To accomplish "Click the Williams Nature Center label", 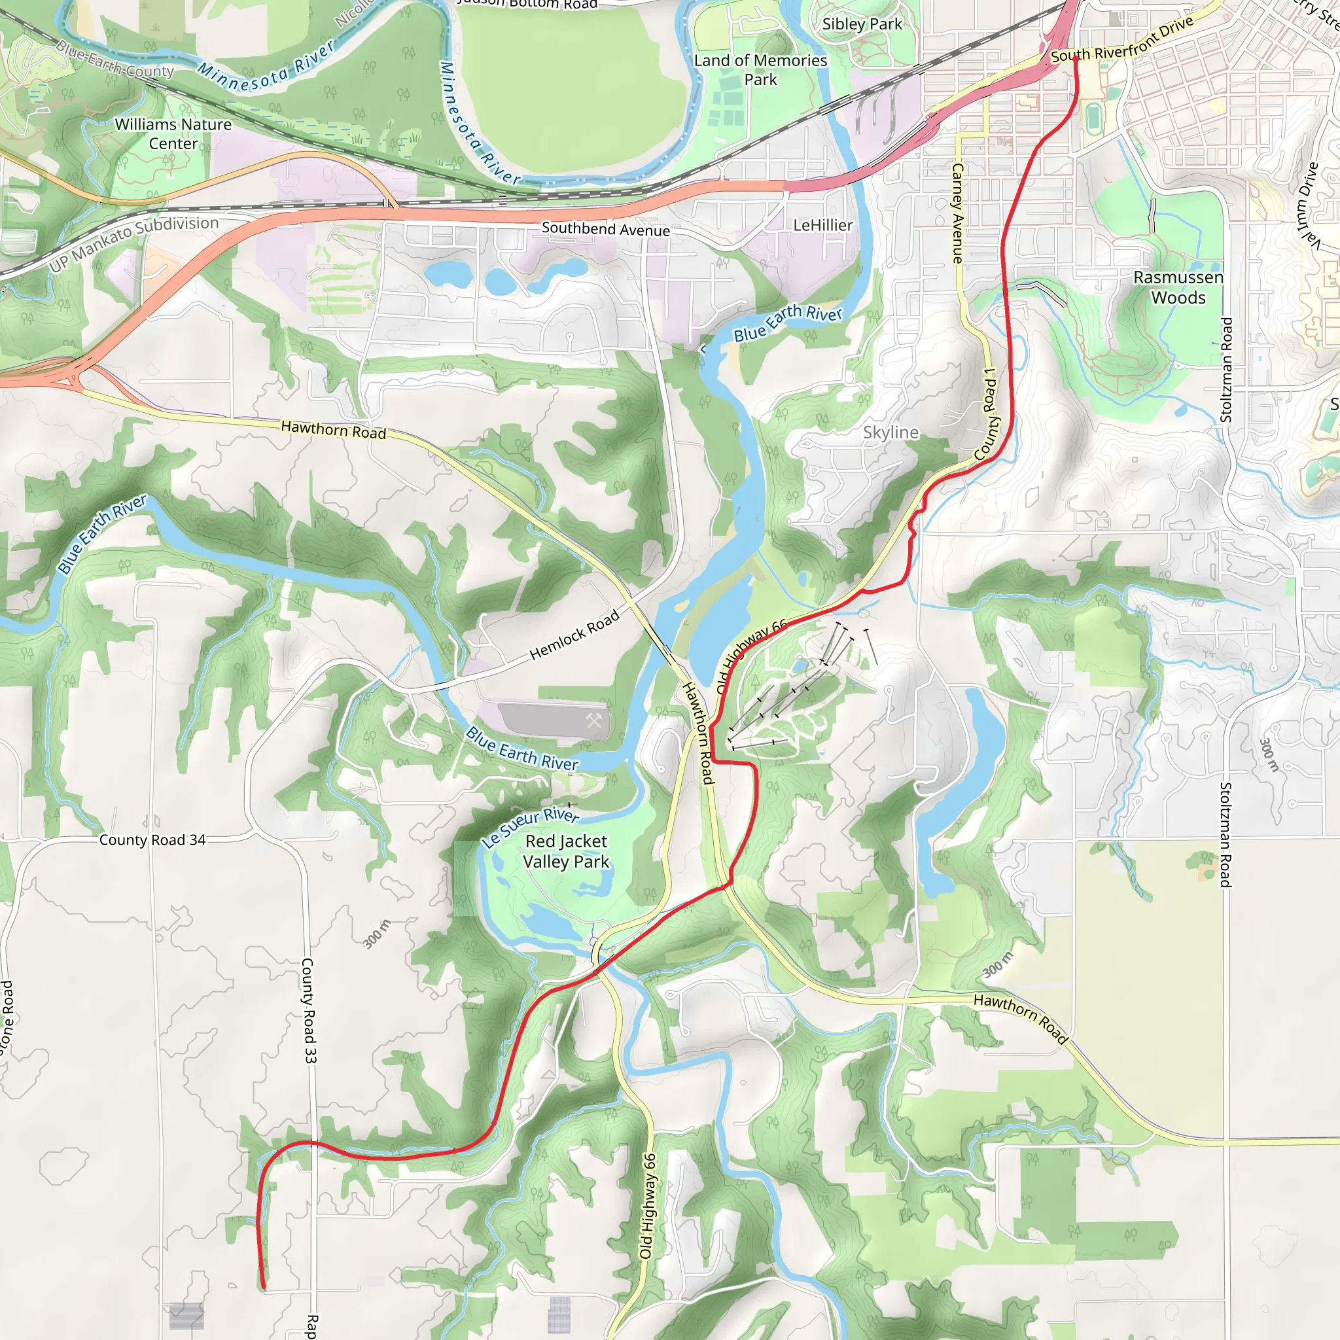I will [x=173, y=134].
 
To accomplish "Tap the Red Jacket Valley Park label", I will [x=566, y=851].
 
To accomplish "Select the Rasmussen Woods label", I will [x=1178, y=287].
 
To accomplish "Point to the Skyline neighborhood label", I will [x=890, y=432].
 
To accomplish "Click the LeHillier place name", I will [x=822, y=226].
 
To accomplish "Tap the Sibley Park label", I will [x=862, y=24].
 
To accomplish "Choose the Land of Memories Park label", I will [x=760, y=69].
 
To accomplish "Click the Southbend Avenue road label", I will [x=605, y=229].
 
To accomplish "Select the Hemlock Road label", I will [x=574, y=635].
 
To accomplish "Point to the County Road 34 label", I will [x=152, y=840].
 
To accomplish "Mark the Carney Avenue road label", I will [x=958, y=213].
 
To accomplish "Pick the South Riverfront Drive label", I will [x=1121, y=39].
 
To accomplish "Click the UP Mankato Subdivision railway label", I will [x=134, y=242].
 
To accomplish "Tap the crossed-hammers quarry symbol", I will [x=593, y=720].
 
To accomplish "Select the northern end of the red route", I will [x=1074, y=58].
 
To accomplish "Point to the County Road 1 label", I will [x=987, y=414].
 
